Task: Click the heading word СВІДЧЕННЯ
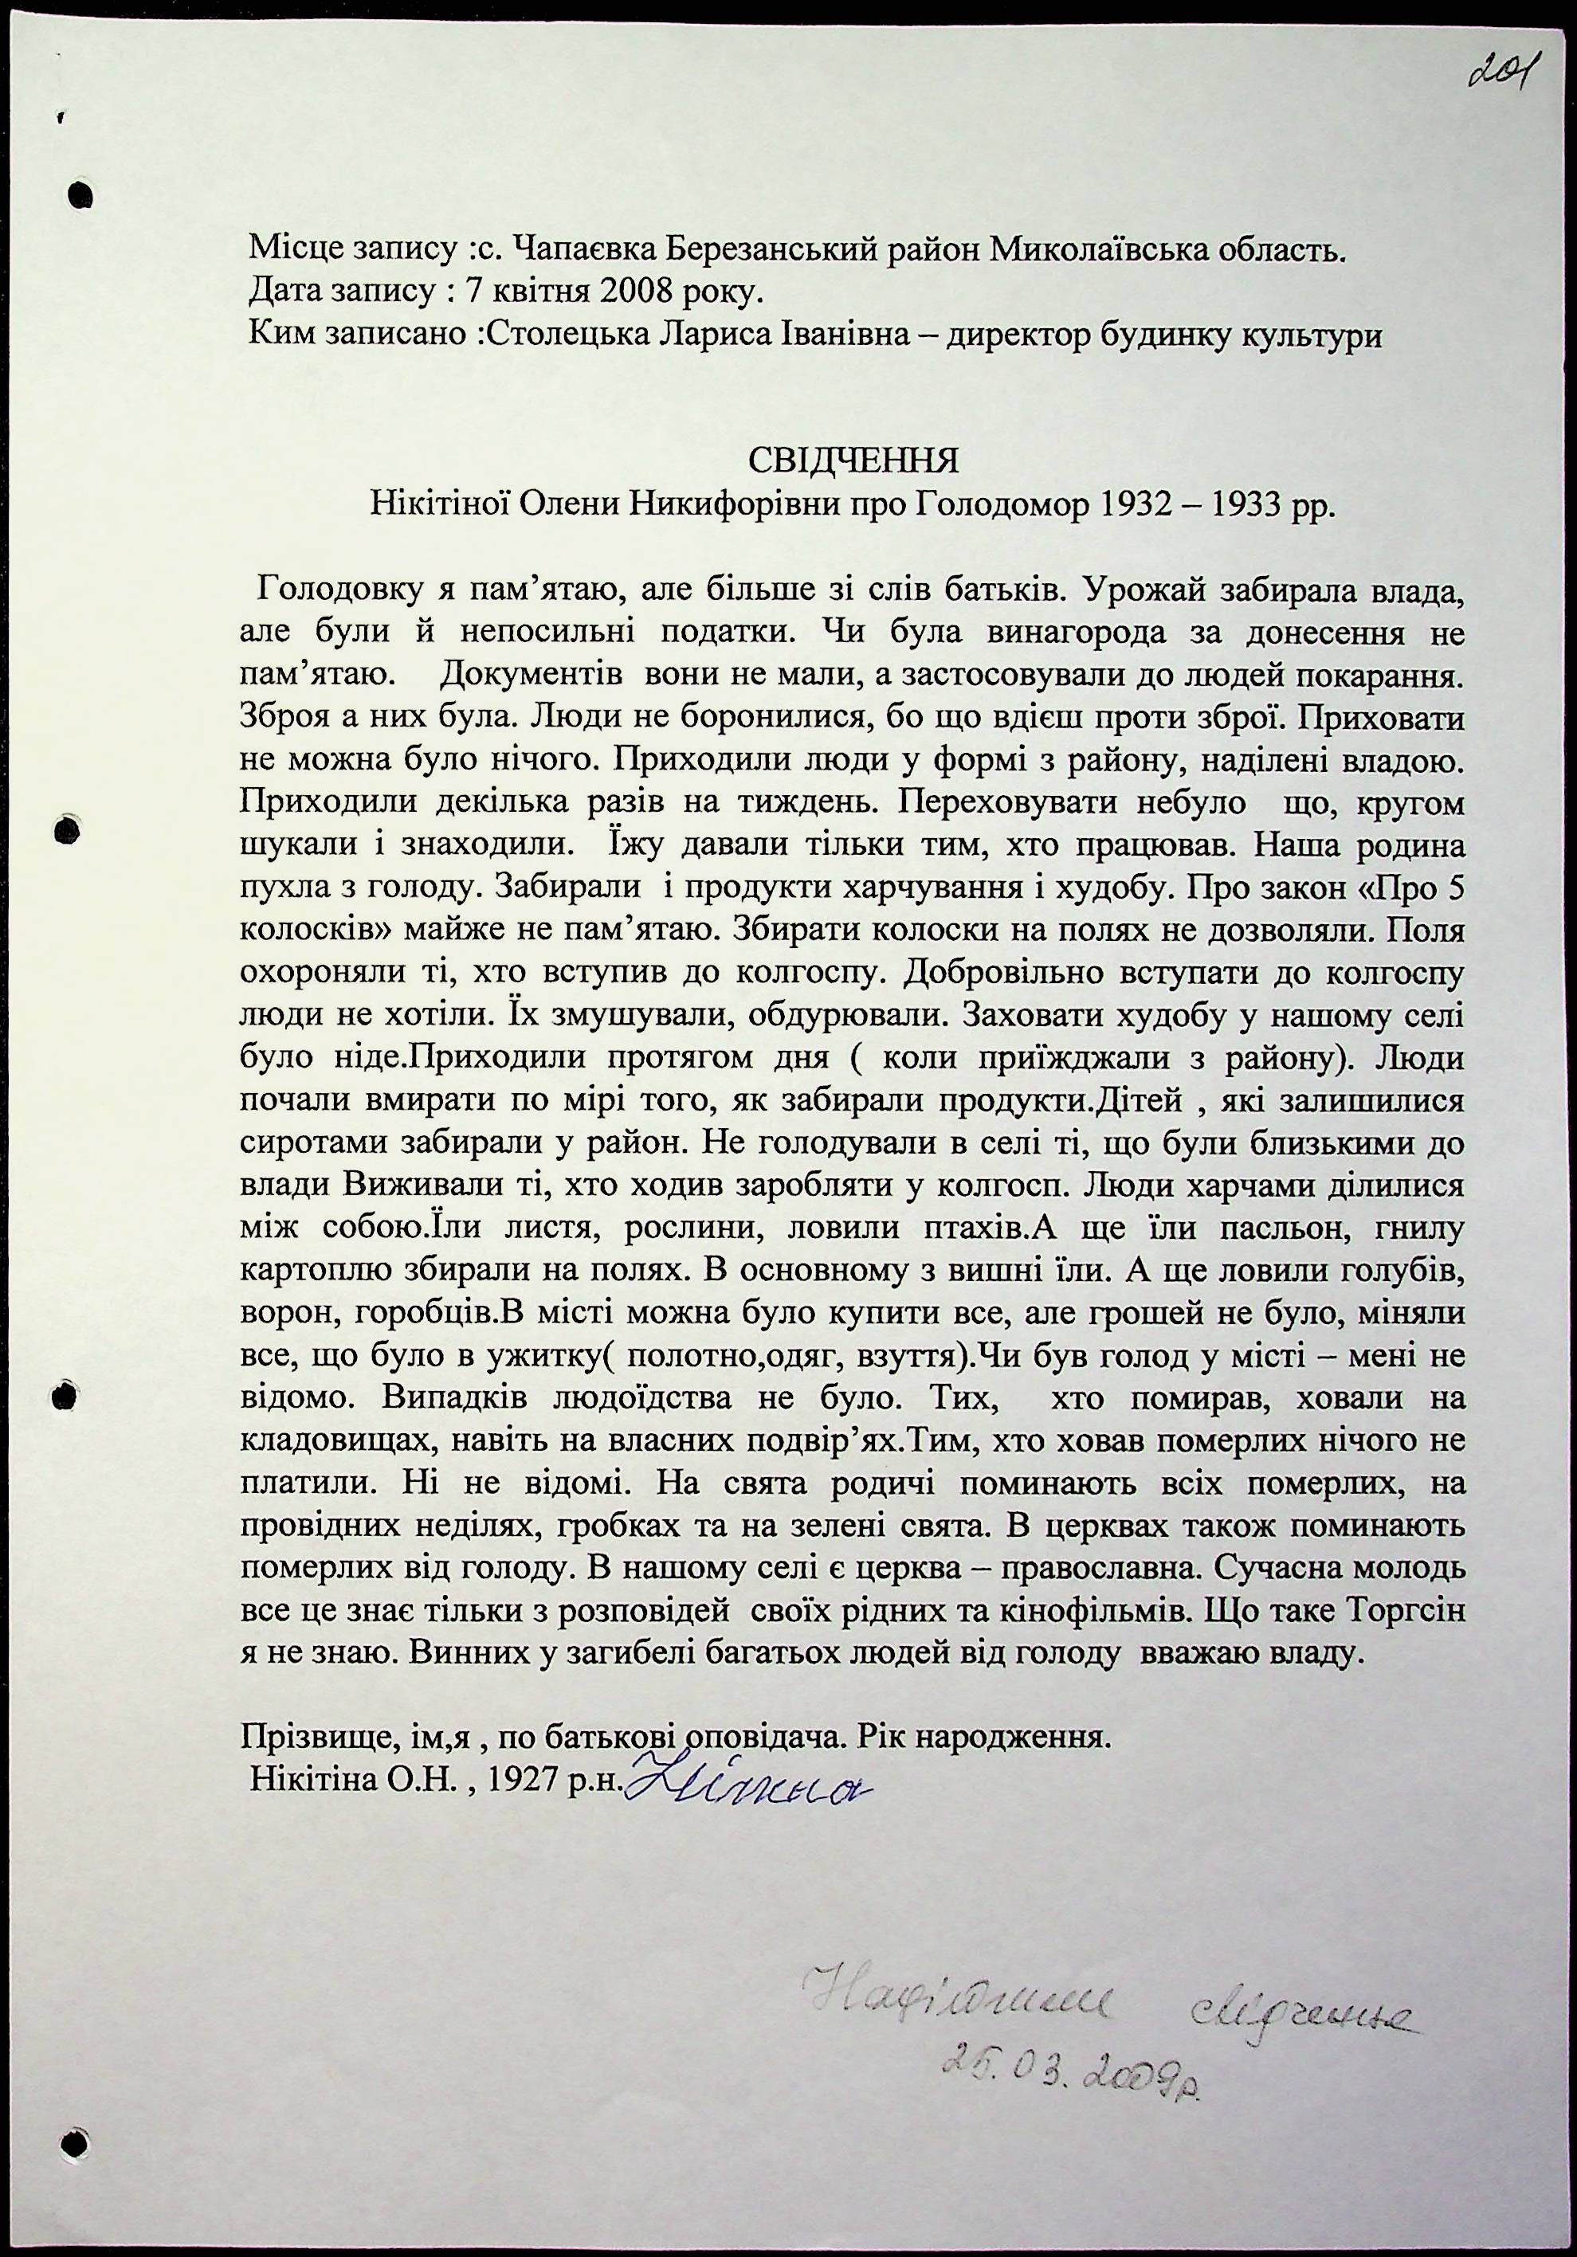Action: point(853,460)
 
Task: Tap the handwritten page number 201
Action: point(1501,71)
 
